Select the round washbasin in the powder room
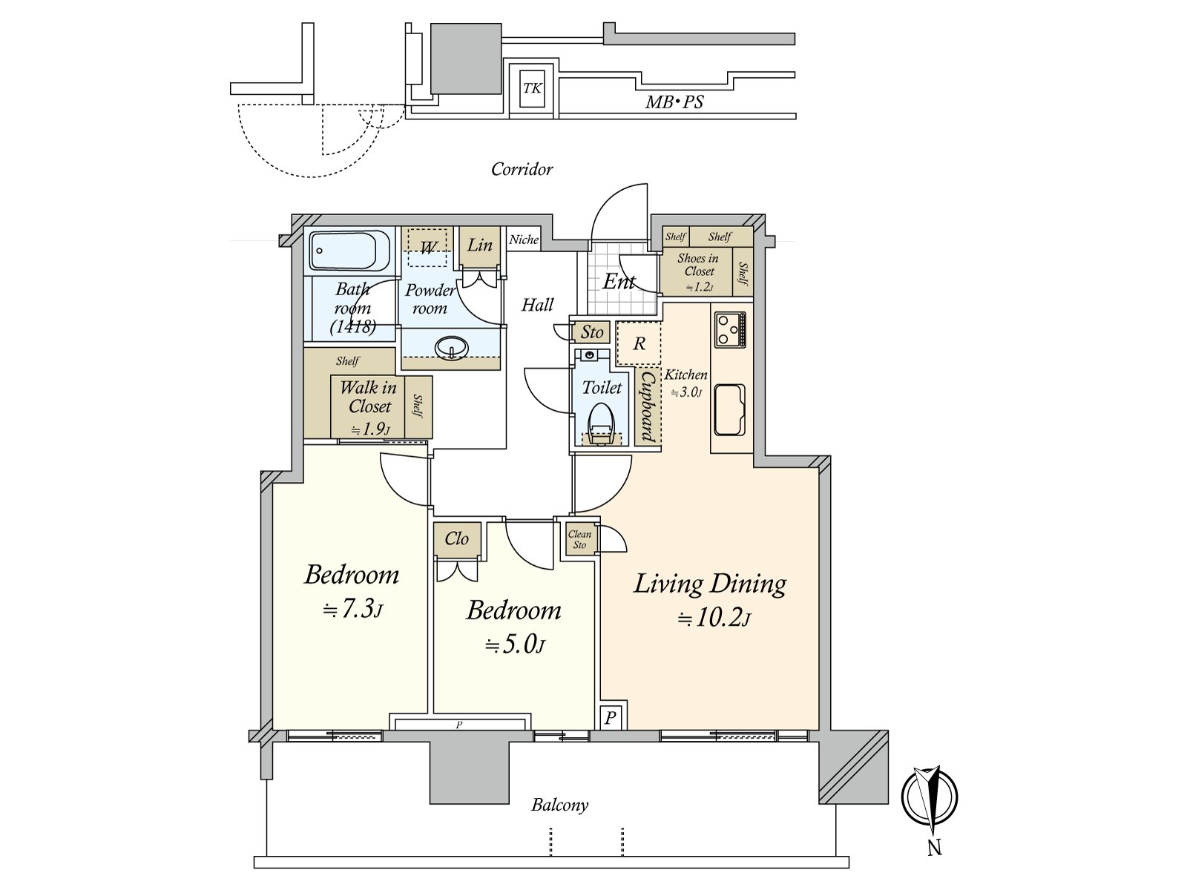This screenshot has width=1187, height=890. [x=452, y=348]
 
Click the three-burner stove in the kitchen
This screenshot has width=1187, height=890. [x=731, y=329]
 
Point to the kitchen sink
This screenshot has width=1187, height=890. [x=729, y=410]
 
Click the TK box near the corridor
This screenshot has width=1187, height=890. [x=532, y=88]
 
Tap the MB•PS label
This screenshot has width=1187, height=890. [x=674, y=102]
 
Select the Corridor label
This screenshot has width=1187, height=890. [x=522, y=169]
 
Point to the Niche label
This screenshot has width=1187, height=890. [x=524, y=240]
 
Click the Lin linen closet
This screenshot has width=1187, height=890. [x=479, y=246]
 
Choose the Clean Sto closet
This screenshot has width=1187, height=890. [x=579, y=538]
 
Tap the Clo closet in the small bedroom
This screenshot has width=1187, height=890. [x=457, y=538]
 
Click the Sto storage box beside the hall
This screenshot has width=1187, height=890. [x=591, y=332]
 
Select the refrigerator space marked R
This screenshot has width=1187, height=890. [x=639, y=343]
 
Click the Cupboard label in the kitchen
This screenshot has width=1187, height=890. [x=648, y=407]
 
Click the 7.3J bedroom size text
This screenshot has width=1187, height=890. [x=352, y=609]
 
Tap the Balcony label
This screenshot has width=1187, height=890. [x=559, y=805]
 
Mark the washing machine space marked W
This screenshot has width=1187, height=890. [x=427, y=248]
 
